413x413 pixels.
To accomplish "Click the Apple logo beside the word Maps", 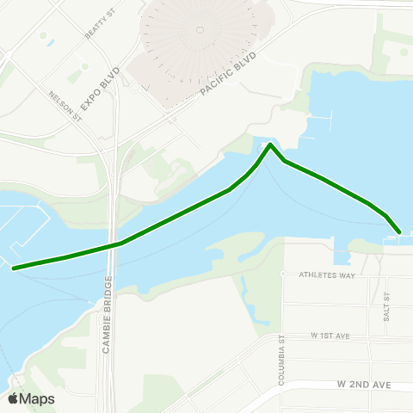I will click(x=13, y=398).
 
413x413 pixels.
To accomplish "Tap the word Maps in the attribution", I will click(x=37, y=398).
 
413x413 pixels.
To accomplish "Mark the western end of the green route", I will click(x=14, y=268).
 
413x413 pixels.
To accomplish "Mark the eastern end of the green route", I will click(x=399, y=231).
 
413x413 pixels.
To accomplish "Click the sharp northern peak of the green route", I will click(x=270, y=145).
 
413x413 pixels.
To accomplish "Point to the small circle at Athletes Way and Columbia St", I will click(x=283, y=274).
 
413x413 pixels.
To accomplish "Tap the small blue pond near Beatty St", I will click(x=51, y=41).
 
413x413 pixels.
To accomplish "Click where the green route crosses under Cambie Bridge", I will click(x=112, y=245).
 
